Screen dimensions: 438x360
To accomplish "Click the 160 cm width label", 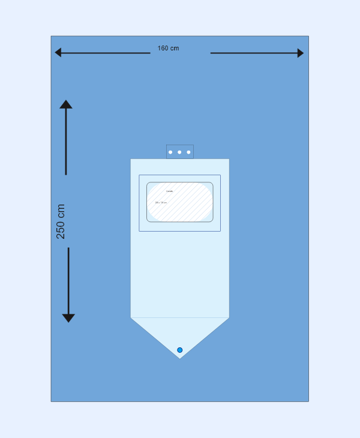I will click(x=168, y=48).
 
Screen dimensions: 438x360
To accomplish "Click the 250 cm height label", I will click(x=61, y=221).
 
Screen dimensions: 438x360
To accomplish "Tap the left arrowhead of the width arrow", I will click(x=58, y=53).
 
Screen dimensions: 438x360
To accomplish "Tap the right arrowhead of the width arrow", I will click(x=300, y=53).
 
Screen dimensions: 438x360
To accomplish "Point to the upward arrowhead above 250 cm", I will click(x=66, y=104).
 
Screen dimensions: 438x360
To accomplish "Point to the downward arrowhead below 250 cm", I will click(x=68, y=318).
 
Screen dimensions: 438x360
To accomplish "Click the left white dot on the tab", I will click(x=170, y=152).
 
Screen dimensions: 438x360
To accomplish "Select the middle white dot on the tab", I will click(x=179, y=152).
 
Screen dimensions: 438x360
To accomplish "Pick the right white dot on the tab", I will click(x=188, y=152).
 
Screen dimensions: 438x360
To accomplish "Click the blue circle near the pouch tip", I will click(x=179, y=350).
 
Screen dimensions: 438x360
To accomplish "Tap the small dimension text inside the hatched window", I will click(x=161, y=202).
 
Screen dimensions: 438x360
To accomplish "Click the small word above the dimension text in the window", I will click(x=169, y=191).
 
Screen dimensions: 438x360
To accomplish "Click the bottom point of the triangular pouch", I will click(x=180, y=358).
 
